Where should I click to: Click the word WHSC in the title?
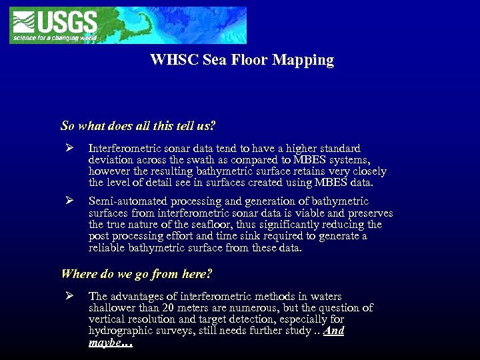click(171, 60)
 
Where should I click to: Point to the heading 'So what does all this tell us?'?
click(138, 125)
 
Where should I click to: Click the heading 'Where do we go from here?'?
click(137, 273)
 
